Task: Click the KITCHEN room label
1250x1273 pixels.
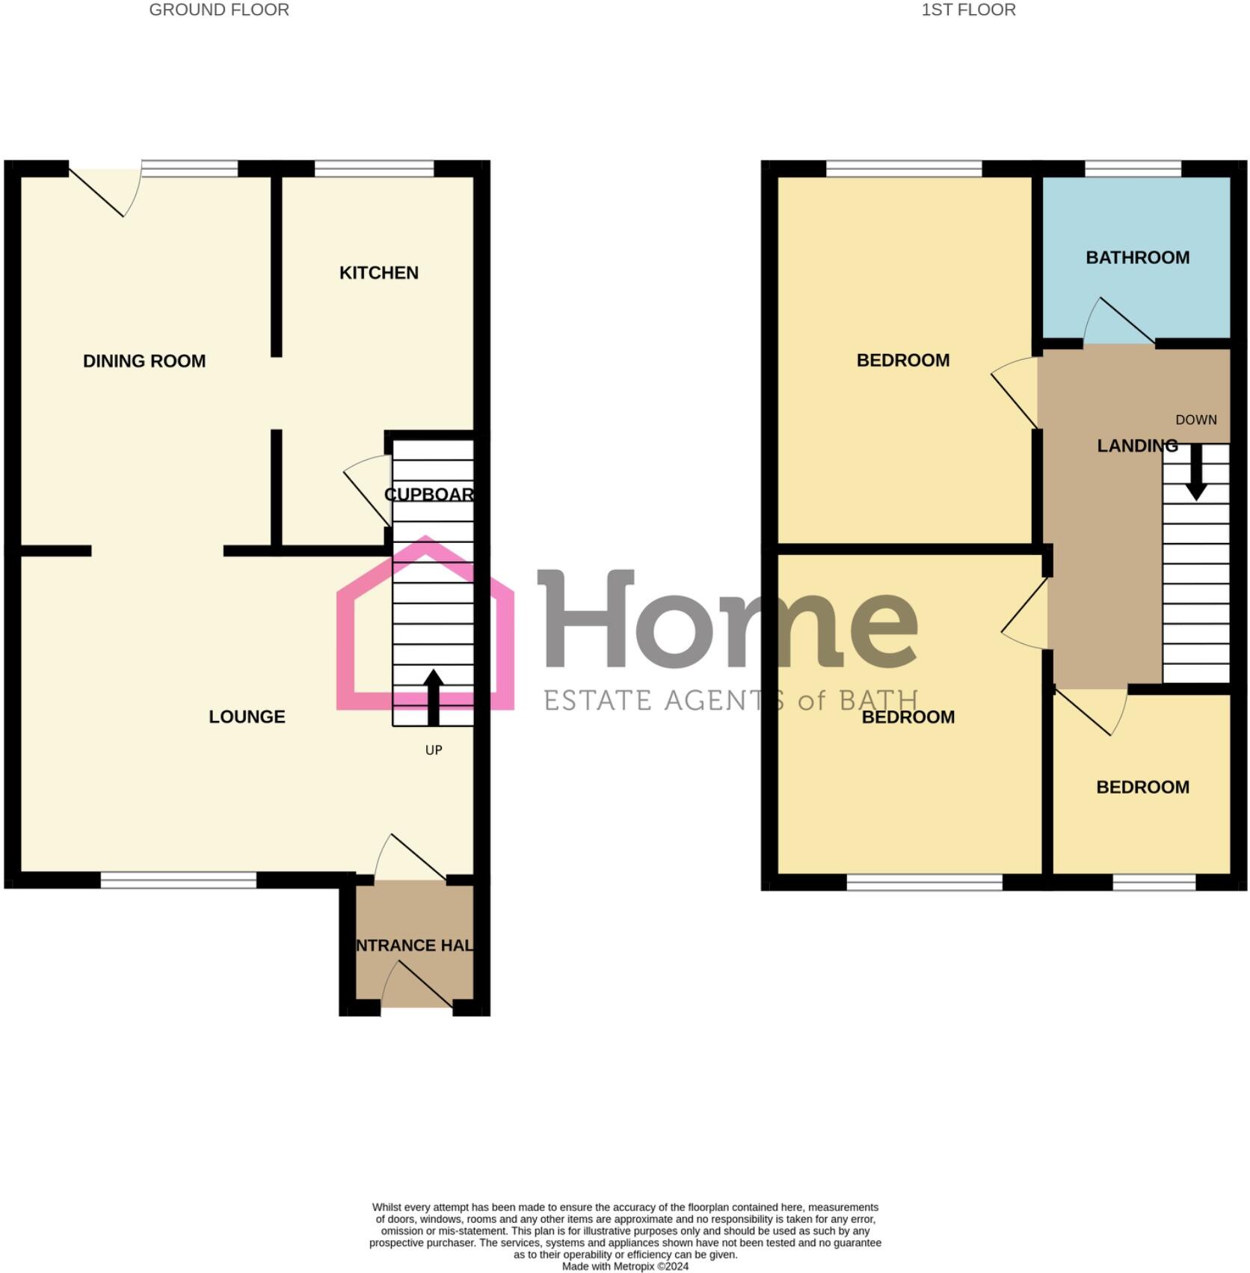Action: click(x=378, y=273)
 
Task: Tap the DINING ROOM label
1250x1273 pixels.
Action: click(x=144, y=361)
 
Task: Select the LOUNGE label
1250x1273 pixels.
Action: click(x=247, y=717)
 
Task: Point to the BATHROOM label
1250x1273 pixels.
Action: click(x=1137, y=257)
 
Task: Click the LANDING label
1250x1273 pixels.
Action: click(x=1136, y=446)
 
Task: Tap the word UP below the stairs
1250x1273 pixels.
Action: click(x=434, y=750)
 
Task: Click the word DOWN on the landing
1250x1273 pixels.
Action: click(x=1195, y=420)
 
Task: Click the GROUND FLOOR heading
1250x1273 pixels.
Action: click(x=219, y=10)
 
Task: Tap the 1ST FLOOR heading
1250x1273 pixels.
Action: click(x=968, y=10)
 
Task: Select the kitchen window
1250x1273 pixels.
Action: click(x=374, y=169)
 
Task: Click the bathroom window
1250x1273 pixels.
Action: click(x=1133, y=169)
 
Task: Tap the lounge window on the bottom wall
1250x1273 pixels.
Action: click(x=178, y=880)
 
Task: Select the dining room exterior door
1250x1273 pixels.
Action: click(x=105, y=191)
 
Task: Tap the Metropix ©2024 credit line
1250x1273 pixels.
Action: click(x=625, y=1266)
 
